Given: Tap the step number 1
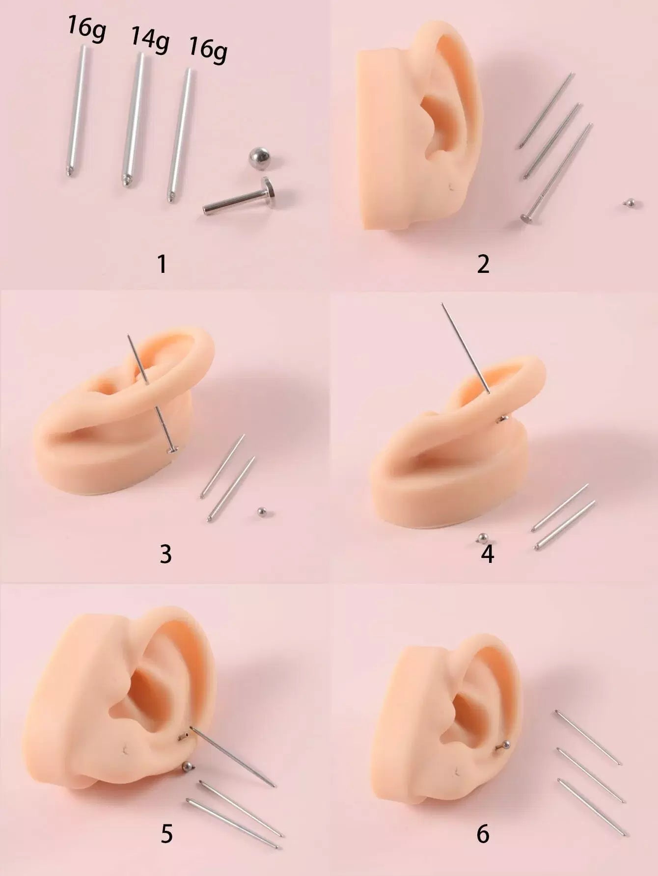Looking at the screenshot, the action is [162, 264].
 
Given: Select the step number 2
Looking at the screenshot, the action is [483, 264].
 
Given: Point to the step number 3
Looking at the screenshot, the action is [165, 554].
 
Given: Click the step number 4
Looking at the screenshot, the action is [487, 554].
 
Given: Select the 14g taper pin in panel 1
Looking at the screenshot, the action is [134, 118].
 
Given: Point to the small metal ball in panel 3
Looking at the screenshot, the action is [261, 512].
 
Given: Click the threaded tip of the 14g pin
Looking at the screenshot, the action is [126, 181].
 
